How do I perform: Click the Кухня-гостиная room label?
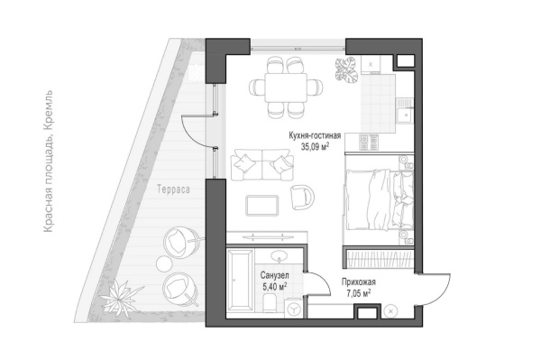click(315, 135)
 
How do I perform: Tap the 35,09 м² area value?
click(315, 147)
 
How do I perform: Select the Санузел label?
click(275, 275)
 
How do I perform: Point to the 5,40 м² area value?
click(275, 287)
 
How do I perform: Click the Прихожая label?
click(359, 282)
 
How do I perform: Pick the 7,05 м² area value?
click(359, 293)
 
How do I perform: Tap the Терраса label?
click(173, 189)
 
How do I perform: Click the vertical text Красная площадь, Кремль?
click(49, 161)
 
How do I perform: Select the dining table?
click(286, 88)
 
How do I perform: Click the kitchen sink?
click(404, 110)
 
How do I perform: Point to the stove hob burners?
click(369, 143)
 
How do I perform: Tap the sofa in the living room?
click(261, 164)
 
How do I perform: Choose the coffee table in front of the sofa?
click(261, 206)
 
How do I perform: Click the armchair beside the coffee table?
click(302, 197)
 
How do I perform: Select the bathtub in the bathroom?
click(240, 279)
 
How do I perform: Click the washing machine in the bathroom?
click(294, 308)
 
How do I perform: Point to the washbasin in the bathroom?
click(279, 255)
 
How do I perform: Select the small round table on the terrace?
click(164, 264)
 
